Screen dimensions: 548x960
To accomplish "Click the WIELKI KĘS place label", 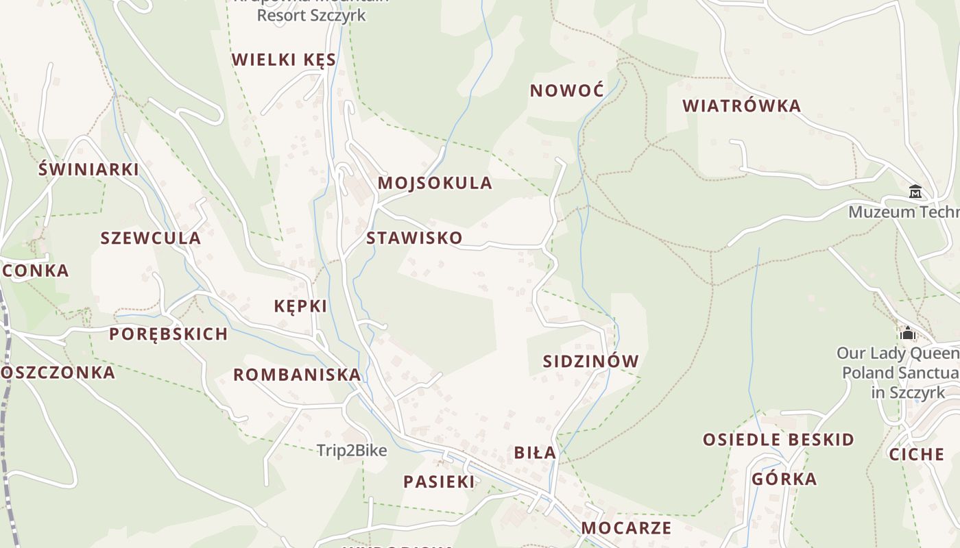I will [x=284, y=60].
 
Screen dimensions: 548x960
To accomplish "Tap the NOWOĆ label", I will [x=566, y=90].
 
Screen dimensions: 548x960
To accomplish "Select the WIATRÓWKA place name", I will [x=742, y=106].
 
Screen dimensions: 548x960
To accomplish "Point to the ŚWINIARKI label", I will [x=88, y=169].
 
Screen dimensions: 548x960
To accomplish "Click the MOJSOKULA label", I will [x=435, y=184].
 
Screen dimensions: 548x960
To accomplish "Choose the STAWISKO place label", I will [x=414, y=238].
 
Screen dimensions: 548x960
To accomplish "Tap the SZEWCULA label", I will [x=150, y=238].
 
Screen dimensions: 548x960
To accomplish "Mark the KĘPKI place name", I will [x=300, y=306].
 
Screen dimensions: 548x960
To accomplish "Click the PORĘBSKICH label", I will [x=169, y=334].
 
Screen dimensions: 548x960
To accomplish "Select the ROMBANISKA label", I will [x=297, y=375].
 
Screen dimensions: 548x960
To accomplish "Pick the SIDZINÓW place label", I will [x=590, y=362].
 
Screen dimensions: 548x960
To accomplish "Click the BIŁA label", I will [x=535, y=453].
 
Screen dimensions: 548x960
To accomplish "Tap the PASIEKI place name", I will [x=438, y=482].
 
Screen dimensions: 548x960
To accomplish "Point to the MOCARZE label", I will [x=626, y=528].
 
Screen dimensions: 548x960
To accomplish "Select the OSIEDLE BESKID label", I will [x=778, y=440].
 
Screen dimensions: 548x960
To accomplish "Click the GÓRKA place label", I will [x=784, y=480].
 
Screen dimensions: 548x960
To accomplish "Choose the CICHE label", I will [x=916, y=455].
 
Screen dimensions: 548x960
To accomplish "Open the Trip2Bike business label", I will [x=352, y=451].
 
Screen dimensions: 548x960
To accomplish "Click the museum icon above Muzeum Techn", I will [x=915, y=192].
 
